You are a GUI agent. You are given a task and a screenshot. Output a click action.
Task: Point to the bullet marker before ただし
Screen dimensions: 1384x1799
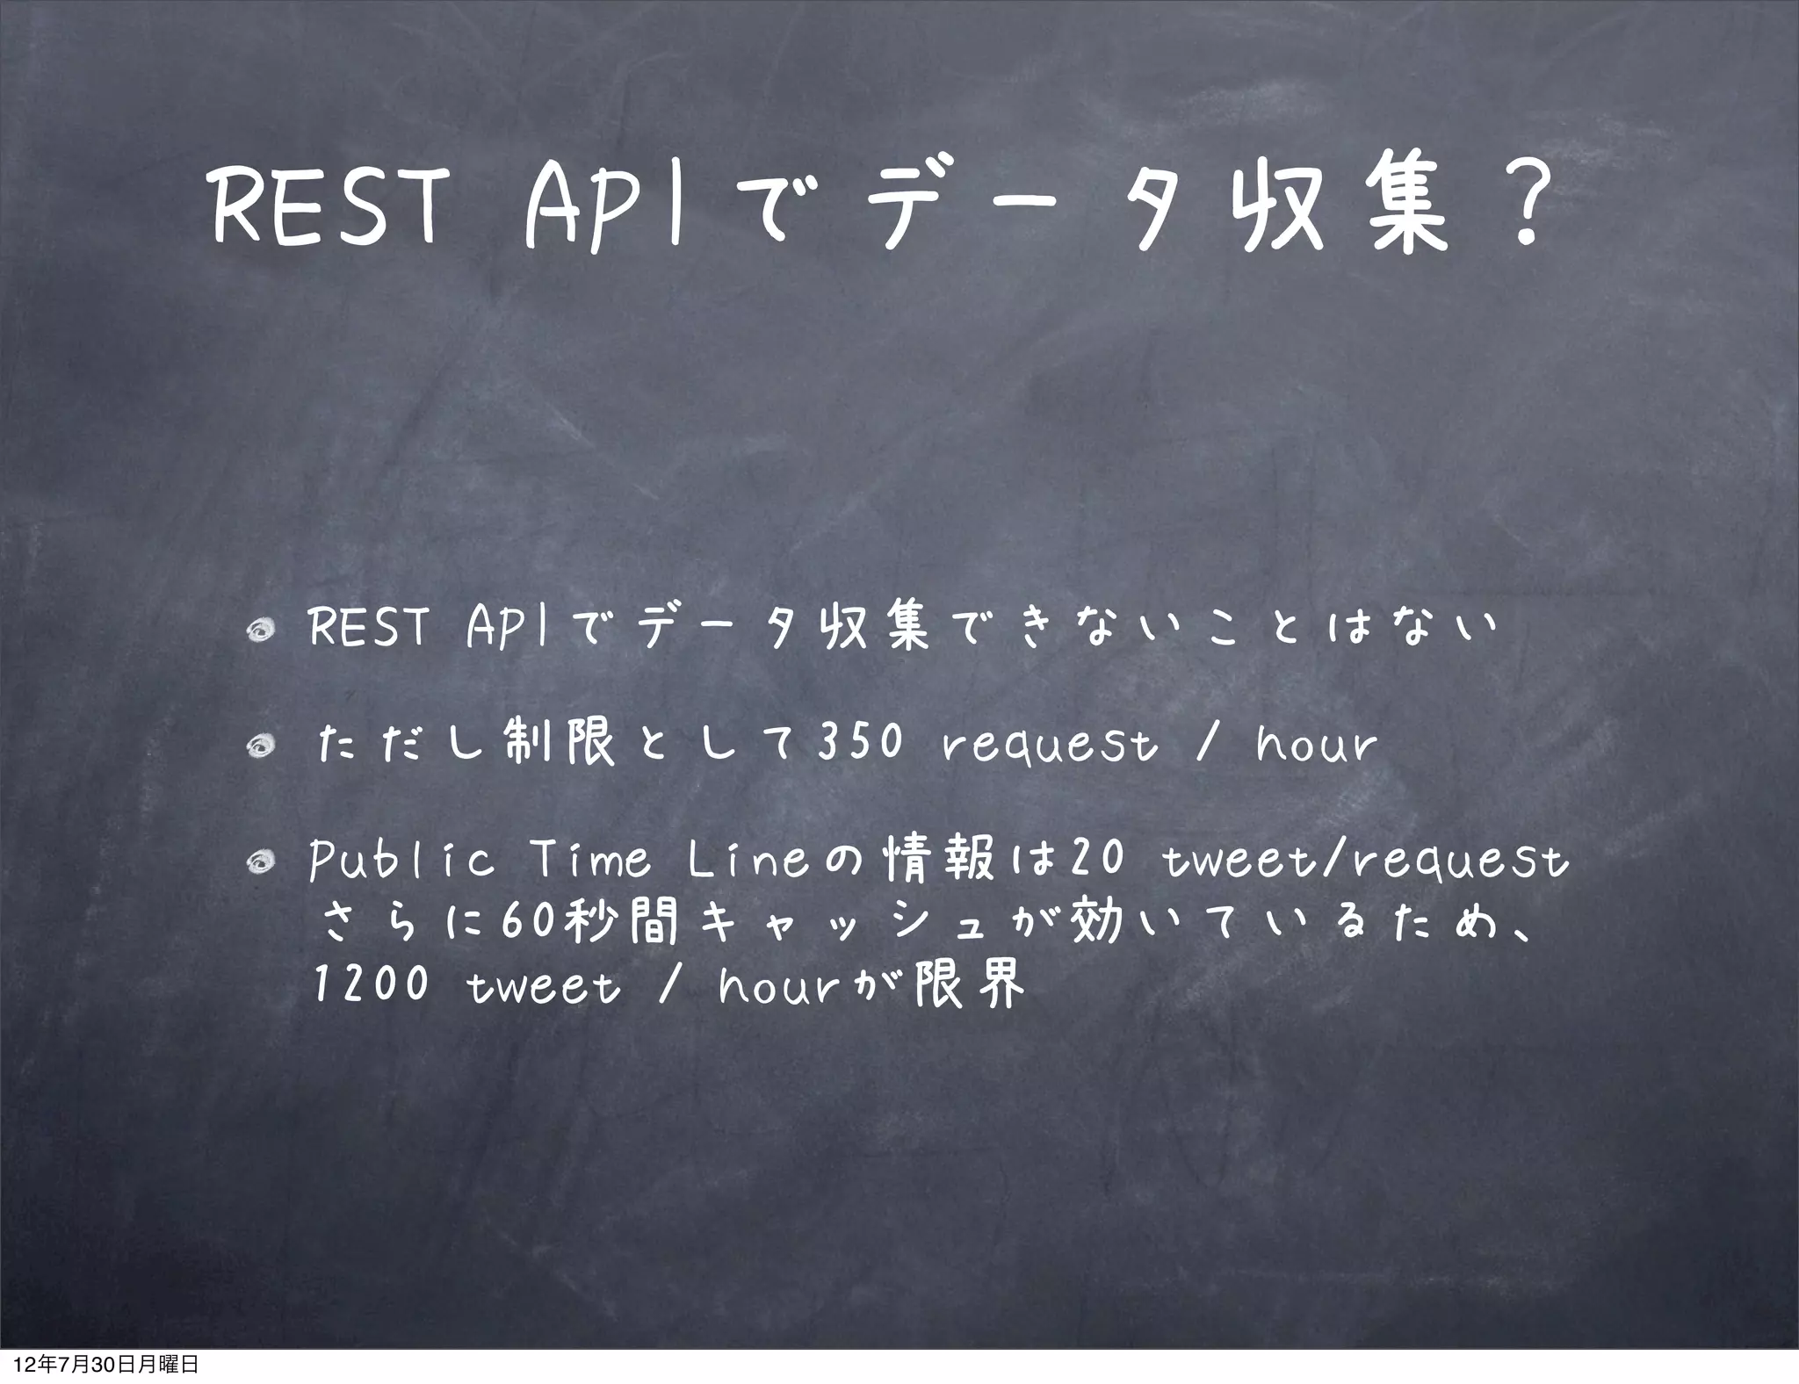[x=262, y=746]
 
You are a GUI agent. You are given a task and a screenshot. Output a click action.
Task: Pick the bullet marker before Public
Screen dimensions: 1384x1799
[x=262, y=864]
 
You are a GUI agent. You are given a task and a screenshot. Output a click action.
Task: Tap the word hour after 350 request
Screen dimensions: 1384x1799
[x=1316, y=745]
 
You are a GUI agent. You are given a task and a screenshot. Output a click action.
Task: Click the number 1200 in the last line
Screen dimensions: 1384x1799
[x=371, y=984]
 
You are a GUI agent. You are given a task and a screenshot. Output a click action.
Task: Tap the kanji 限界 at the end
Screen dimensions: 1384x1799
[x=970, y=984]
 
